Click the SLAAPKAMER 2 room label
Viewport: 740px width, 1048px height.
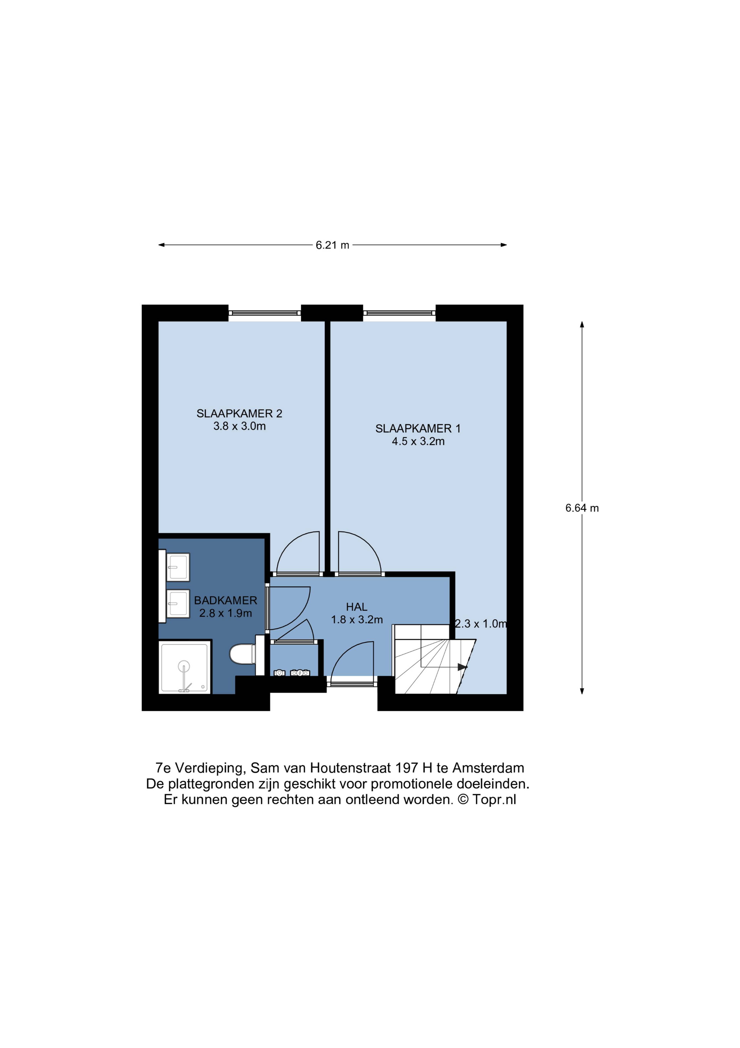coord(239,414)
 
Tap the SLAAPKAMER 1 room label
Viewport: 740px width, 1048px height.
coord(418,429)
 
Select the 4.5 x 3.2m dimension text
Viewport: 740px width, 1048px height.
coord(418,441)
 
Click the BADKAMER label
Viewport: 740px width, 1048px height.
coord(226,601)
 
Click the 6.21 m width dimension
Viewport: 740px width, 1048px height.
coord(332,245)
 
